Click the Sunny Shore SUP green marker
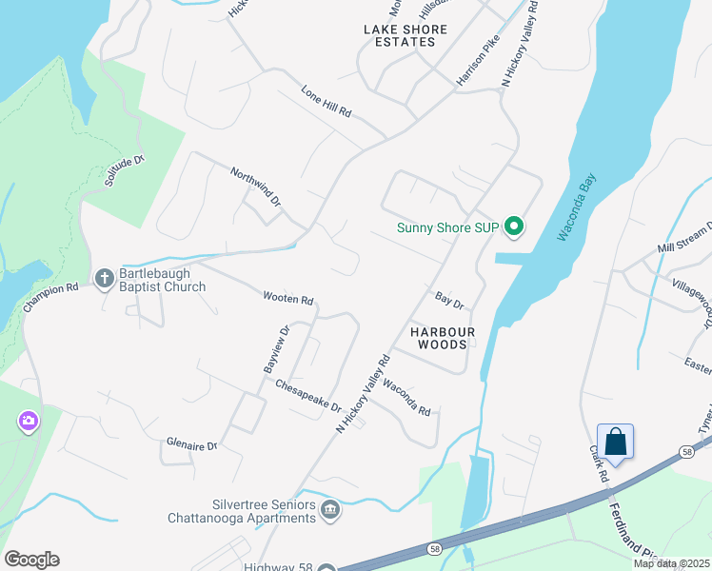pyautogui.click(x=514, y=226)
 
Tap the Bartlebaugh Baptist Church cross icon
pyautogui.click(x=105, y=278)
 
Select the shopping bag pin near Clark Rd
pyautogui.click(x=615, y=443)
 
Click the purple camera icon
pyautogui.click(x=28, y=421)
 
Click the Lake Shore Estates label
pyautogui.click(x=400, y=35)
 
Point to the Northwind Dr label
pyautogui.click(x=256, y=187)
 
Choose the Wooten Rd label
pyautogui.click(x=288, y=299)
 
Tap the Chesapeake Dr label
pyautogui.click(x=308, y=396)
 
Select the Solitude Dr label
pyautogui.click(x=124, y=170)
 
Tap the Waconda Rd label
pyautogui.click(x=406, y=399)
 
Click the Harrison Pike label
pyautogui.click(x=478, y=63)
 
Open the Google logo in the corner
pyautogui.click(x=31, y=560)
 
